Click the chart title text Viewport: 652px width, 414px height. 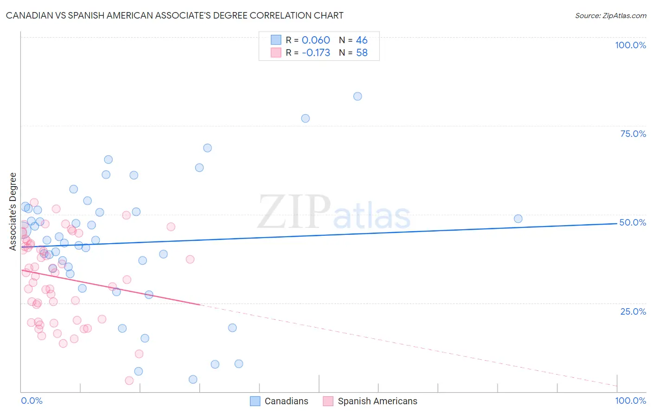click(x=175, y=15)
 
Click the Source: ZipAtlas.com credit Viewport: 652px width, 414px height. click(x=610, y=16)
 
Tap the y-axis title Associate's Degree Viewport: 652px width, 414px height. click(x=13, y=211)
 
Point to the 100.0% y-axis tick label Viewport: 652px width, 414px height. click(x=630, y=45)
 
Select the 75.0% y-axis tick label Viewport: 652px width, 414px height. click(x=633, y=134)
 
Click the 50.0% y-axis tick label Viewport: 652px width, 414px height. click(x=633, y=222)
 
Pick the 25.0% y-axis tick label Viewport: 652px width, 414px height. click(x=633, y=311)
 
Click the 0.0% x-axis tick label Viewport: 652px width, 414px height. click(x=32, y=401)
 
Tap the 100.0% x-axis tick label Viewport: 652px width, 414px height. click(x=630, y=401)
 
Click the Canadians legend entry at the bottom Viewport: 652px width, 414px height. click(x=279, y=401)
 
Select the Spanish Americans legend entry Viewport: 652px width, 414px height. click(x=370, y=401)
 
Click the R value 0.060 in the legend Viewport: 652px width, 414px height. click(x=316, y=40)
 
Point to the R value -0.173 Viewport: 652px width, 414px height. click(x=316, y=53)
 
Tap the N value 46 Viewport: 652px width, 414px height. click(x=362, y=40)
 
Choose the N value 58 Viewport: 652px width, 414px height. click(x=362, y=53)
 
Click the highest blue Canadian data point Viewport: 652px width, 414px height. click(x=358, y=97)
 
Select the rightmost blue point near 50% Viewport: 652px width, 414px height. click(x=518, y=219)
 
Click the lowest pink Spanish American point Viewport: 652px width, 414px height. click(x=129, y=381)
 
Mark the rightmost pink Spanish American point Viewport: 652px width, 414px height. click(x=190, y=259)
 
